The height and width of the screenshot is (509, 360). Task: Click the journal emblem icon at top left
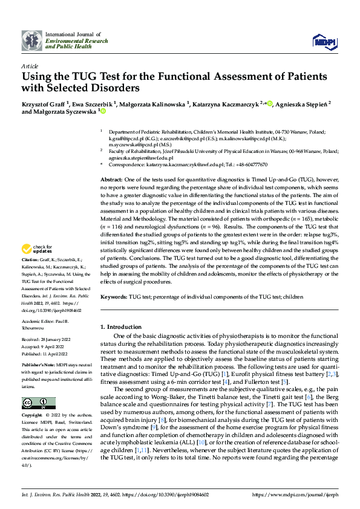(x=31, y=41)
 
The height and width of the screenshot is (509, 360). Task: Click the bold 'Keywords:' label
(x=113, y=297)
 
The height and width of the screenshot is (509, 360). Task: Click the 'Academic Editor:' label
(x=40, y=322)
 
